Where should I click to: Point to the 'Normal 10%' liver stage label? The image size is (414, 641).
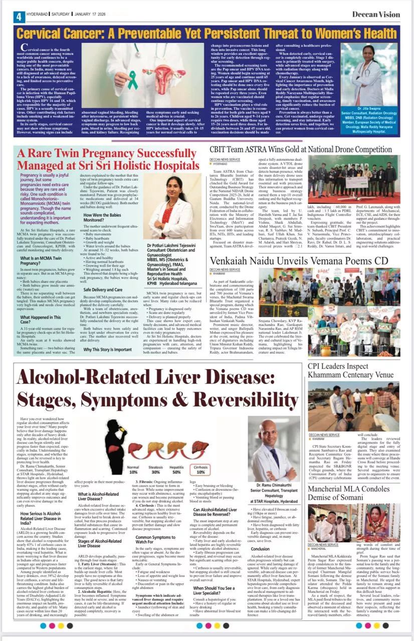coord(133,469)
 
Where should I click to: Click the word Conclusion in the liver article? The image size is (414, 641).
coord(260,535)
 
